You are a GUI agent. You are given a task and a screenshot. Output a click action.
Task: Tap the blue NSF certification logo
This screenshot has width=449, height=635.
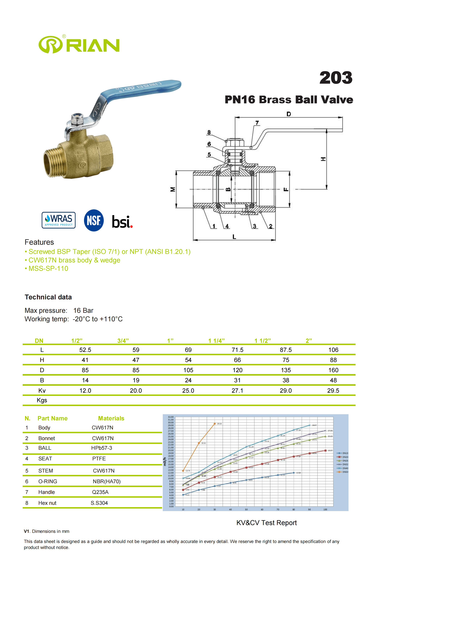point(94,220)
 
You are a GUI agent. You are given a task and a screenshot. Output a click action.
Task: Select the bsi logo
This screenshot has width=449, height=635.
point(122,222)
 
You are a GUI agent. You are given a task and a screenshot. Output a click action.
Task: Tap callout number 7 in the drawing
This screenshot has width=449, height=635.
point(257,123)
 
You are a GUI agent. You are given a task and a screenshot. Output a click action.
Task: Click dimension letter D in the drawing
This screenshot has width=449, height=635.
point(289,114)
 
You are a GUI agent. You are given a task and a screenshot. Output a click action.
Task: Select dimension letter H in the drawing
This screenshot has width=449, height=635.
point(323,159)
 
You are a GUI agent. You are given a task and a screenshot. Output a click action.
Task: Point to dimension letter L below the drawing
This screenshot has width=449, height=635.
point(234,237)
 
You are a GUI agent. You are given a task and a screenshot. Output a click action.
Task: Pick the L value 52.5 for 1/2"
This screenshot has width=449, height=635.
point(85,350)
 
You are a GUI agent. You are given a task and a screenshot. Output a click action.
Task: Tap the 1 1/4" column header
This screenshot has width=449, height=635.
point(217,341)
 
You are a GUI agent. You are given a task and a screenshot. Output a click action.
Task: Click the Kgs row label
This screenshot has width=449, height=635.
point(42,400)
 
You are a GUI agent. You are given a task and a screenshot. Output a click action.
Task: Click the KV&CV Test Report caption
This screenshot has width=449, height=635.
point(266,523)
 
